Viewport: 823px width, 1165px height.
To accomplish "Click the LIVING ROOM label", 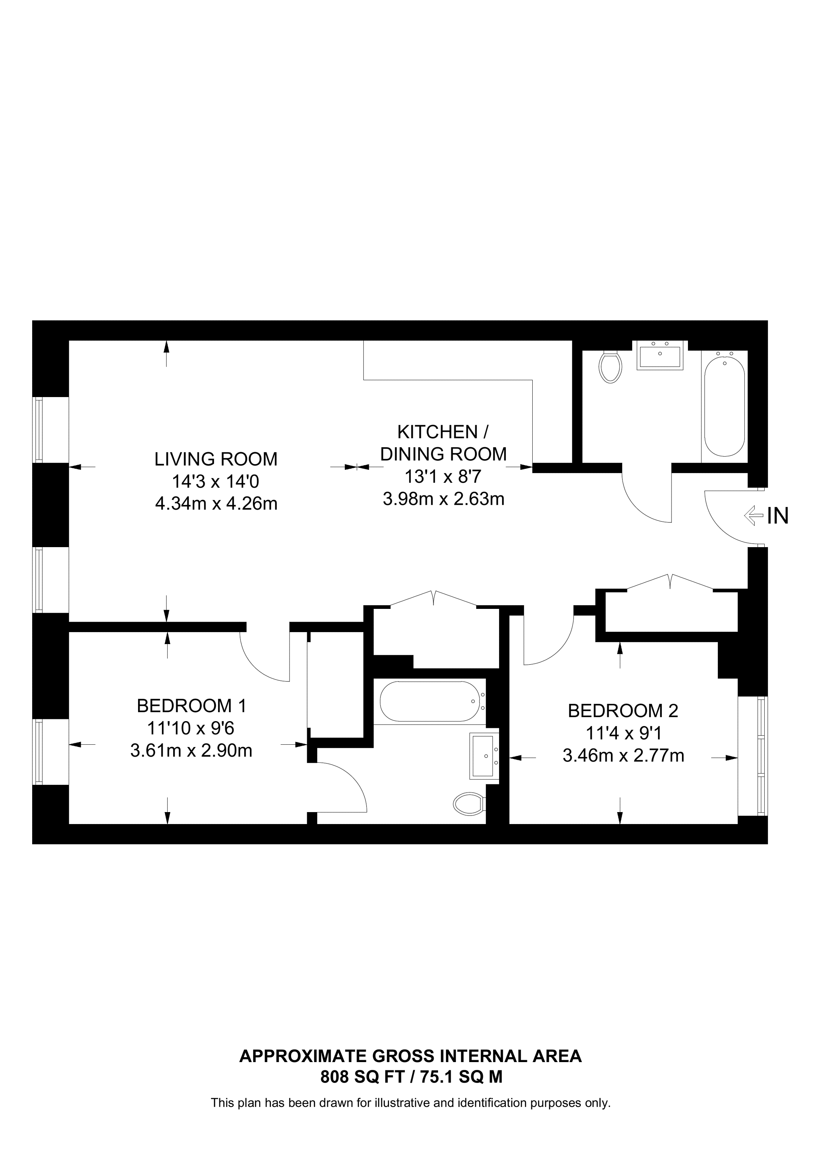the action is (x=216, y=459).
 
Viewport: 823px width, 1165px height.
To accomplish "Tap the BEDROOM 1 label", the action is (x=192, y=706).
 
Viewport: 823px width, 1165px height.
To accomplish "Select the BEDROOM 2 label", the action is (x=623, y=711).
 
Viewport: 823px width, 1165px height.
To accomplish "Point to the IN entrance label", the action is (x=778, y=516).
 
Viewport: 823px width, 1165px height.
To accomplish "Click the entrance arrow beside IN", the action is (x=753, y=516).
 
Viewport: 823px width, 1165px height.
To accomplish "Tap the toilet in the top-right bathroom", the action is (x=611, y=366).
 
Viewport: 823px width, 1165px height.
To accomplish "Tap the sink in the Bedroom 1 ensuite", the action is (x=485, y=756).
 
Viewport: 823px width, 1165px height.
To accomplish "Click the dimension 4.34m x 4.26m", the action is (x=216, y=504).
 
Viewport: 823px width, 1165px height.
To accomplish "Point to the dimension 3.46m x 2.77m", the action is (x=623, y=756).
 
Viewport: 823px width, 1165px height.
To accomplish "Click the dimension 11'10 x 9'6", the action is (x=191, y=728).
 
